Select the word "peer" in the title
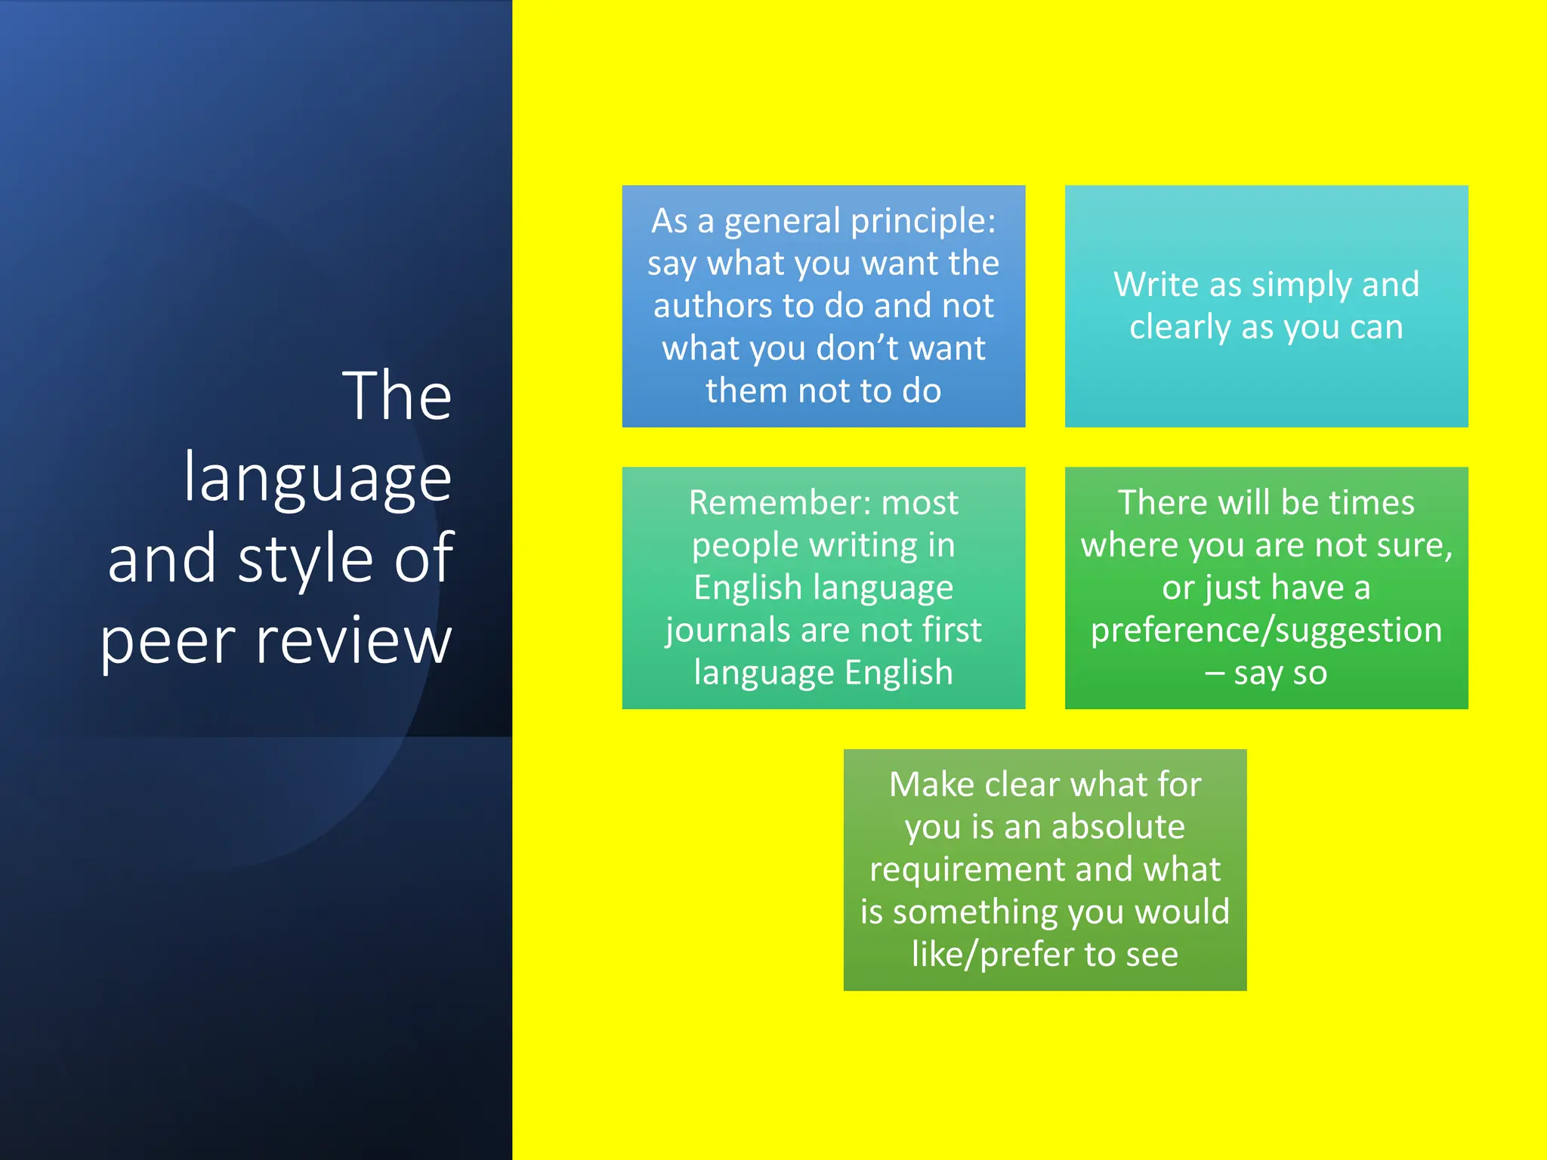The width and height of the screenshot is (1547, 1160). click(168, 642)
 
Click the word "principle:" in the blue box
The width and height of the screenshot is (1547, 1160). click(923, 222)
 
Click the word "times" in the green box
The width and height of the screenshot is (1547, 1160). click(1371, 503)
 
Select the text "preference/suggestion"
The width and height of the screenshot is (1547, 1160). click(1266, 631)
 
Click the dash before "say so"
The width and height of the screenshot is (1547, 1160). click(1214, 673)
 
